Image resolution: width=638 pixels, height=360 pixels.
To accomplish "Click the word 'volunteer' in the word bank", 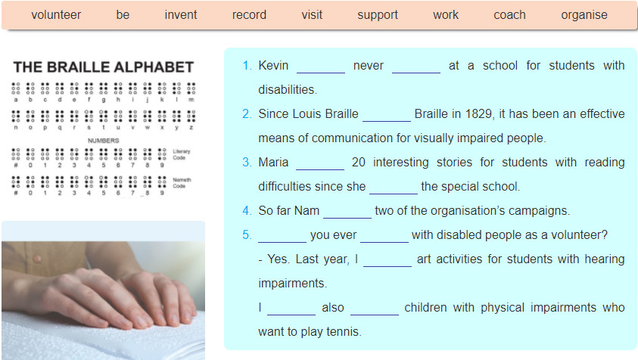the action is [x=56, y=14].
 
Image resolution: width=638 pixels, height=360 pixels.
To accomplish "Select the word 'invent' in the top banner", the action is [x=181, y=14].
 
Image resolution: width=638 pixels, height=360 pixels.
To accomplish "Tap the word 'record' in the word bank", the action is [x=249, y=14].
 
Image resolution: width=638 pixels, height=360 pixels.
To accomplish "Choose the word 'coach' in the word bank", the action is [x=509, y=14].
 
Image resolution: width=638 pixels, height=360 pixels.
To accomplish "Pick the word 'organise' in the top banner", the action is [x=584, y=15].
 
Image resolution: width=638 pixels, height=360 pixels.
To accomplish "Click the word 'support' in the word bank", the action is [x=378, y=15].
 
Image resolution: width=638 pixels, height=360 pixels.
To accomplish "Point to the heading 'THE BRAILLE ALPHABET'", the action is [x=104, y=67].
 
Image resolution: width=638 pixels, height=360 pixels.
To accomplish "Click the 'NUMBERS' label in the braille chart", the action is [x=104, y=141].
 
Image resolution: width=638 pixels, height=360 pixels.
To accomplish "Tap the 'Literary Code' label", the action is [x=181, y=154].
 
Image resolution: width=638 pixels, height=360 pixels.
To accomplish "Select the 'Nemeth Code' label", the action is [x=182, y=182].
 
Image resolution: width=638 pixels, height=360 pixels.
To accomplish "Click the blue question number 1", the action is [x=247, y=66].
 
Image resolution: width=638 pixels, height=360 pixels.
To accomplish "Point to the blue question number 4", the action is [x=247, y=211].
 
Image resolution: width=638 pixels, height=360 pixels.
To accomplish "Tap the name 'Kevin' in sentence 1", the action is [x=273, y=66].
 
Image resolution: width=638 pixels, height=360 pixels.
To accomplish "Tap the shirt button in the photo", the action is [x=37, y=259].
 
